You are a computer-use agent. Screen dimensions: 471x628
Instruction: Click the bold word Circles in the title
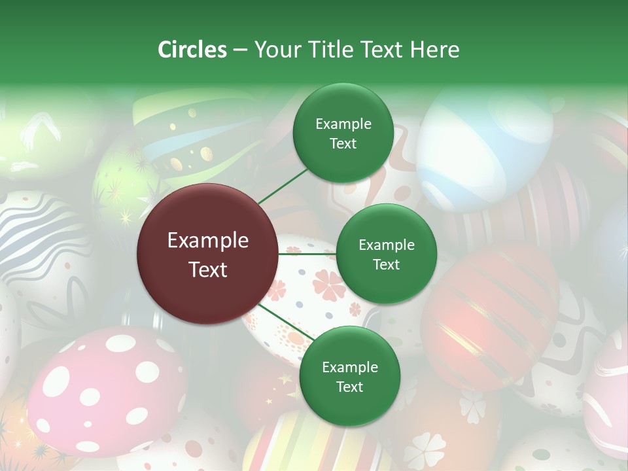click(192, 50)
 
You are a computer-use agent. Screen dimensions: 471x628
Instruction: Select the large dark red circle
click(208, 254)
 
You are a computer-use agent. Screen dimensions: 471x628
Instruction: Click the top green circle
click(343, 133)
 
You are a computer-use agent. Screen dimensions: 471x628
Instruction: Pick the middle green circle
click(386, 254)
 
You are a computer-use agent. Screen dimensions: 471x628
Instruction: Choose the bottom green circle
click(349, 376)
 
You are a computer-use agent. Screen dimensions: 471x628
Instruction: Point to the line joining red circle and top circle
click(283, 186)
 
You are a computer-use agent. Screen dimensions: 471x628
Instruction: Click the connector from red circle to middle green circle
click(307, 254)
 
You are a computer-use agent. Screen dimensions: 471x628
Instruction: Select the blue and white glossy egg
click(484, 147)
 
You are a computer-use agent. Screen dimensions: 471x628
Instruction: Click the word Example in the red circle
click(208, 241)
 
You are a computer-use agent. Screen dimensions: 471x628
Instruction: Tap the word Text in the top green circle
click(343, 144)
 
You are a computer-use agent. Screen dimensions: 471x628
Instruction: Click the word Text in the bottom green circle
click(349, 387)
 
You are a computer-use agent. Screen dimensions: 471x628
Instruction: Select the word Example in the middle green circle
click(386, 245)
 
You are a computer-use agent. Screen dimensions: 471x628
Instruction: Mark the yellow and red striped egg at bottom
click(314, 445)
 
